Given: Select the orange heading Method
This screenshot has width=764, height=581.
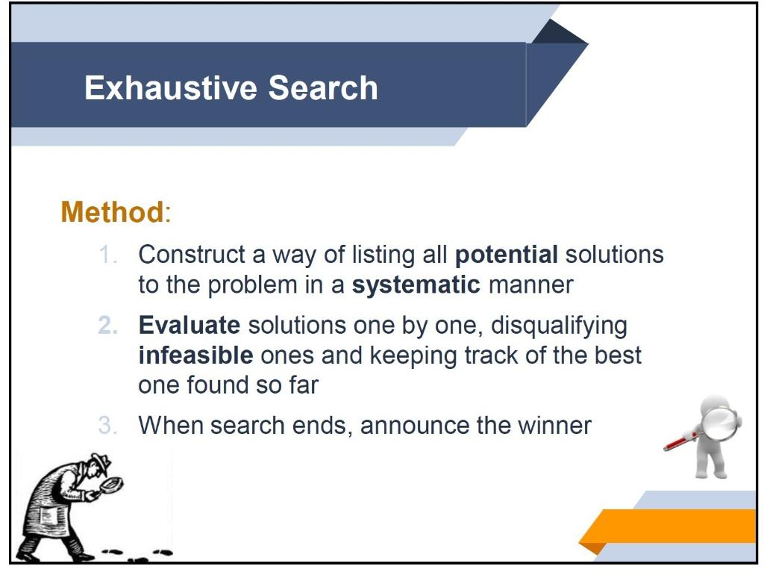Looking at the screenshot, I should [112, 212].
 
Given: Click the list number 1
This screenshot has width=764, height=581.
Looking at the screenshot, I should [108, 255].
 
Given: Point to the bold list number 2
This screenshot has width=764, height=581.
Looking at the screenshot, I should [108, 326].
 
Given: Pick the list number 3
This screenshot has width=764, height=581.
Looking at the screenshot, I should [108, 426].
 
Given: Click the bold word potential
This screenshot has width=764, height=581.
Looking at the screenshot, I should [506, 255].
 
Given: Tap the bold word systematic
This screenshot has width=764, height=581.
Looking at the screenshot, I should [416, 285].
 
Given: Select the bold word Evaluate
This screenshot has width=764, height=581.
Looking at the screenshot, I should [189, 326].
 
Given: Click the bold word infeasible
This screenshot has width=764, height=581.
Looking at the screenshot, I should [195, 356].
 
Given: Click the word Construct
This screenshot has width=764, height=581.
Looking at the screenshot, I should [191, 255].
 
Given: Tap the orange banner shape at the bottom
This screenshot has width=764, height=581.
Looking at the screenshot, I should [671, 526].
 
